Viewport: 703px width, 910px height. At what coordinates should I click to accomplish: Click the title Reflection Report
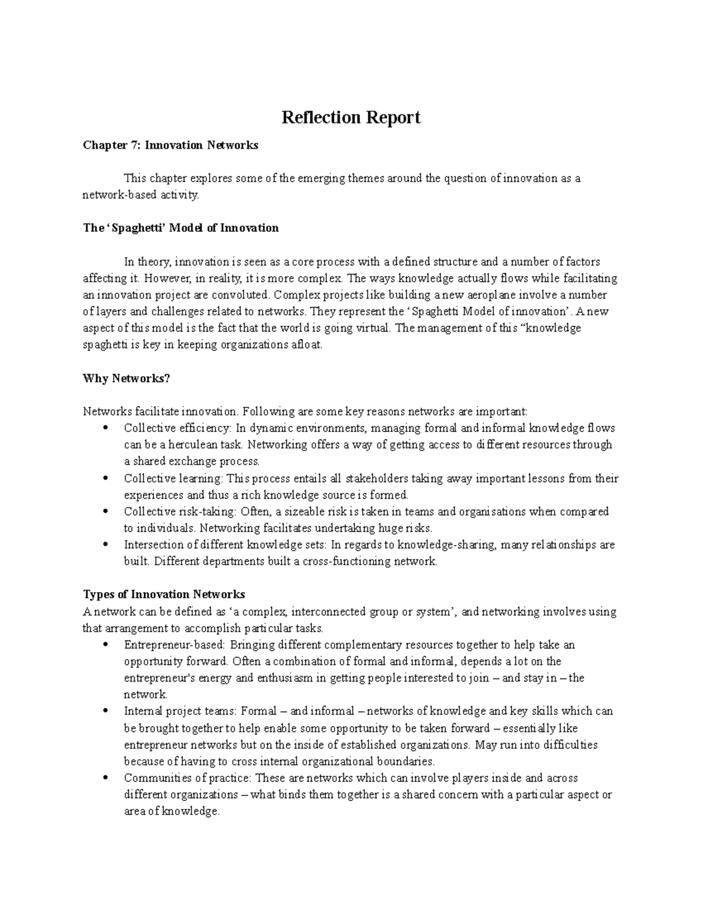(x=351, y=118)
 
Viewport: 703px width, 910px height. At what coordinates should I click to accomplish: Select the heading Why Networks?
(x=127, y=379)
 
